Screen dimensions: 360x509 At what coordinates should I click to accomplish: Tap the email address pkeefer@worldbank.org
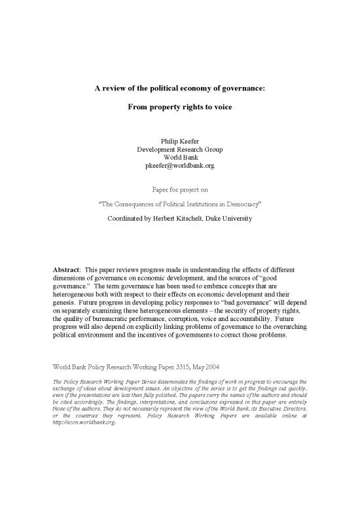(179, 166)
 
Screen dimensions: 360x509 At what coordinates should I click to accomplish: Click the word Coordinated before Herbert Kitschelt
(130, 219)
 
